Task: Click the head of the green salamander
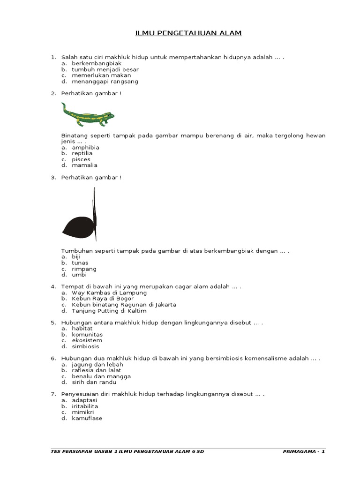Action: pyautogui.click(x=109, y=115)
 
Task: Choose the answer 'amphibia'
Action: pyautogui.click(x=85, y=147)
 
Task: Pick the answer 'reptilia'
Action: pyautogui.click(x=82, y=153)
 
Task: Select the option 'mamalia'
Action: pyautogui.click(x=85, y=165)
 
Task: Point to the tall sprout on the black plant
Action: pyautogui.click(x=95, y=206)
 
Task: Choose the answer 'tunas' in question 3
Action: pyautogui.click(x=80, y=263)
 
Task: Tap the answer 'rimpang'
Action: pyautogui.click(x=84, y=269)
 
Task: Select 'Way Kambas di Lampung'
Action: pyautogui.click(x=109, y=292)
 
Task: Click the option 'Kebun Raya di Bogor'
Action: pyautogui.click(x=103, y=299)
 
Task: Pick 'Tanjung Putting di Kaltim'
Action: pyautogui.click(x=109, y=311)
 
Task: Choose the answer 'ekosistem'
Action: pyautogui.click(x=87, y=341)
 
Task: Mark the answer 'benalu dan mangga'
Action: pyautogui.click(x=101, y=376)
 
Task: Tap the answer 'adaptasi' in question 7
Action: pyautogui.click(x=84, y=401)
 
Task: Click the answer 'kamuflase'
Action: pyautogui.click(x=87, y=418)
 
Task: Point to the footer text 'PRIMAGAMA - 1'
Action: pyautogui.click(x=304, y=451)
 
